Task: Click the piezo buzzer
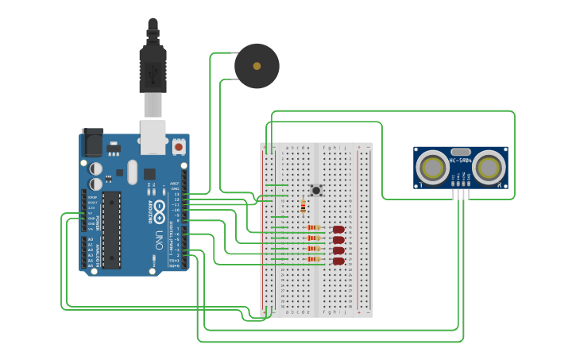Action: (x=257, y=66)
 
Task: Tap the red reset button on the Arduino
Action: (x=179, y=147)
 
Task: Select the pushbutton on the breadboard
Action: (x=316, y=190)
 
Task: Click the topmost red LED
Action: (x=338, y=229)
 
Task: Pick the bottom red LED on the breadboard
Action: (x=338, y=261)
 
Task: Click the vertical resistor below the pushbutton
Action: (x=303, y=207)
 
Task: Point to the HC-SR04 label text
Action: (x=460, y=161)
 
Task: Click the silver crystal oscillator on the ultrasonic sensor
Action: (x=461, y=152)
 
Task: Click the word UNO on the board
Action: (x=158, y=238)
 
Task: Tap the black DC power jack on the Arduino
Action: (x=92, y=143)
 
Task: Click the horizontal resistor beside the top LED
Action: (x=313, y=228)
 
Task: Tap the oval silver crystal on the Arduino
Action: (x=132, y=172)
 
